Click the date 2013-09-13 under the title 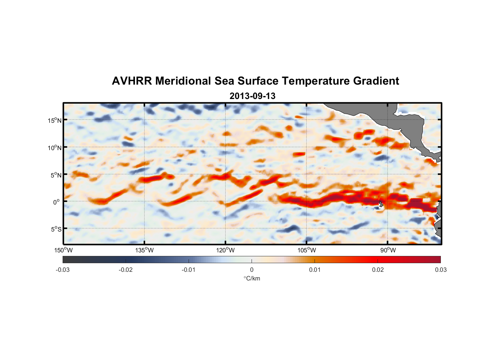[x=252, y=96]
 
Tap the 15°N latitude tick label [x=55, y=120]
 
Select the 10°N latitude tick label [x=55, y=148]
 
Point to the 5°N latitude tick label [x=56, y=175]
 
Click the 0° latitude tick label [x=56, y=202]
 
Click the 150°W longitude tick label [x=63, y=250]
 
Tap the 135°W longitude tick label [x=144, y=250]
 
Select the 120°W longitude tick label [x=225, y=250]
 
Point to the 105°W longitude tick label [x=307, y=250]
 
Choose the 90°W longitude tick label [x=388, y=250]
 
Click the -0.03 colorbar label [x=63, y=270]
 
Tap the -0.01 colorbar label [x=189, y=270]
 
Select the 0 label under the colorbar [x=252, y=270]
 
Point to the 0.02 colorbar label [x=378, y=270]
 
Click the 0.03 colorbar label [x=440, y=270]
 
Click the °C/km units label [x=252, y=278]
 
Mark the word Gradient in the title [x=376, y=81]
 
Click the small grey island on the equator [x=381, y=204]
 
